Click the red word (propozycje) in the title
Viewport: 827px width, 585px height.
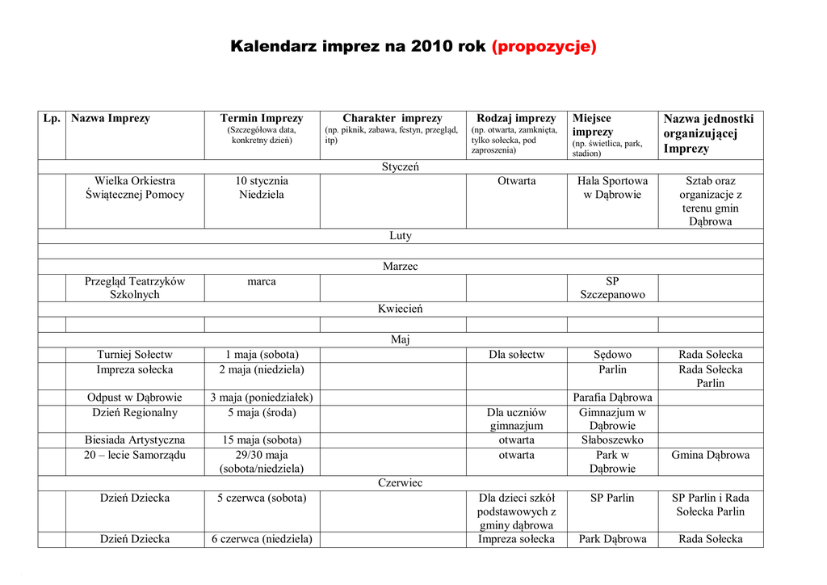click(x=544, y=46)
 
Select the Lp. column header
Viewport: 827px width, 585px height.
click(x=52, y=119)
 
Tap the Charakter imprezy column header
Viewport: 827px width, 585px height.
click(x=393, y=119)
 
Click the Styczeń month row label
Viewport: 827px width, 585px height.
click(x=400, y=166)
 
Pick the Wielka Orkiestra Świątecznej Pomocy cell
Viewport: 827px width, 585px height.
click(x=135, y=187)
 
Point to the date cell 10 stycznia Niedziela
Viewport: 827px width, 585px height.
click(x=262, y=187)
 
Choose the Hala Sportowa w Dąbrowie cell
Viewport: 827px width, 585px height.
click(x=612, y=187)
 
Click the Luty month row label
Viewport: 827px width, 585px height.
click(x=400, y=236)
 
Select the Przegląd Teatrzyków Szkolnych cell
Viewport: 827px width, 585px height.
click(x=135, y=288)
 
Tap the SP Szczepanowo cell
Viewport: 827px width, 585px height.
click(x=612, y=288)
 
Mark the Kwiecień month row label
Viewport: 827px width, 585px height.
click(x=400, y=309)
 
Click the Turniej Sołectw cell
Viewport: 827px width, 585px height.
click(x=135, y=355)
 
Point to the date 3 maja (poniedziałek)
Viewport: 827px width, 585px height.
click(x=262, y=398)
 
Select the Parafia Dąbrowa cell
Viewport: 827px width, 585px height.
click(x=612, y=398)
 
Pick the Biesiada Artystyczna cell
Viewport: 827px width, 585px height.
click(x=135, y=440)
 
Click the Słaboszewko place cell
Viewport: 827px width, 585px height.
click(x=612, y=440)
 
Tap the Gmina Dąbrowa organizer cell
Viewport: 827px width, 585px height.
click(x=710, y=455)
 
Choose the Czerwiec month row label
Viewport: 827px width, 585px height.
click(x=400, y=483)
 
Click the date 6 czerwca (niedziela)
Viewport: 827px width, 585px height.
click(x=262, y=539)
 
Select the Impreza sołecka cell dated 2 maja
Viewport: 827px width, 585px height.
click(x=135, y=370)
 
